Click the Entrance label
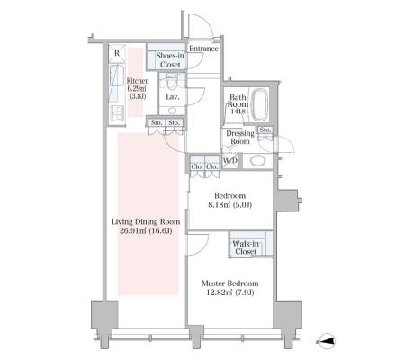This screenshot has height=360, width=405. coord(203,49)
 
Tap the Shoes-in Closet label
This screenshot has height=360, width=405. coord(170,60)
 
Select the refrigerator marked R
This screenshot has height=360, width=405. coord(117,54)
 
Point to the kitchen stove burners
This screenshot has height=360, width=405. coord(117,113)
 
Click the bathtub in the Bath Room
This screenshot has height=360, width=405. coord(259,105)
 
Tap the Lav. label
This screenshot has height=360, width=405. coord(173,97)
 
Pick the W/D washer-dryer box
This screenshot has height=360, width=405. coord(230,161)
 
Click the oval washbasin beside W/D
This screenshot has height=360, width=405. coord(258,161)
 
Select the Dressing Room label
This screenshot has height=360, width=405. coord(240,138)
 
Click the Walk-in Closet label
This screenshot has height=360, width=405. coord(246,247)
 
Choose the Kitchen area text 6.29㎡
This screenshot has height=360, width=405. coord(137,89)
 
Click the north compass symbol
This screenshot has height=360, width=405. coord(326,341)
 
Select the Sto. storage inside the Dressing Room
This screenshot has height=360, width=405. coord(265,130)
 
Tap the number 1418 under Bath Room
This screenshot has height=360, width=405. coord(238,112)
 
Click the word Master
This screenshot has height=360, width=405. coord(213,283)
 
